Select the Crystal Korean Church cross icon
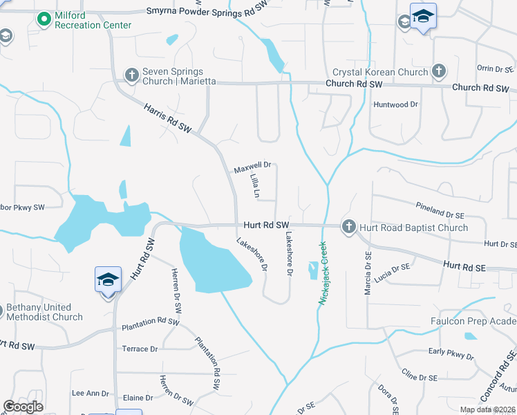coord(438,71)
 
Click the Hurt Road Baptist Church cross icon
coord(348,227)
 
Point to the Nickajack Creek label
coord(322,269)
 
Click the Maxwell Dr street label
coord(252,167)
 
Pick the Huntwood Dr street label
coord(396,104)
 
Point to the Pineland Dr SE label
coord(442,207)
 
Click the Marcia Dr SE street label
coord(368,273)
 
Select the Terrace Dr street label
coord(140,349)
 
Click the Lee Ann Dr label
coord(90,393)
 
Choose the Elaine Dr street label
coord(138,398)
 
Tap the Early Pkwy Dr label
coord(451,356)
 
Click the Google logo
coord(23,407)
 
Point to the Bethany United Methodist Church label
coord(44,312)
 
